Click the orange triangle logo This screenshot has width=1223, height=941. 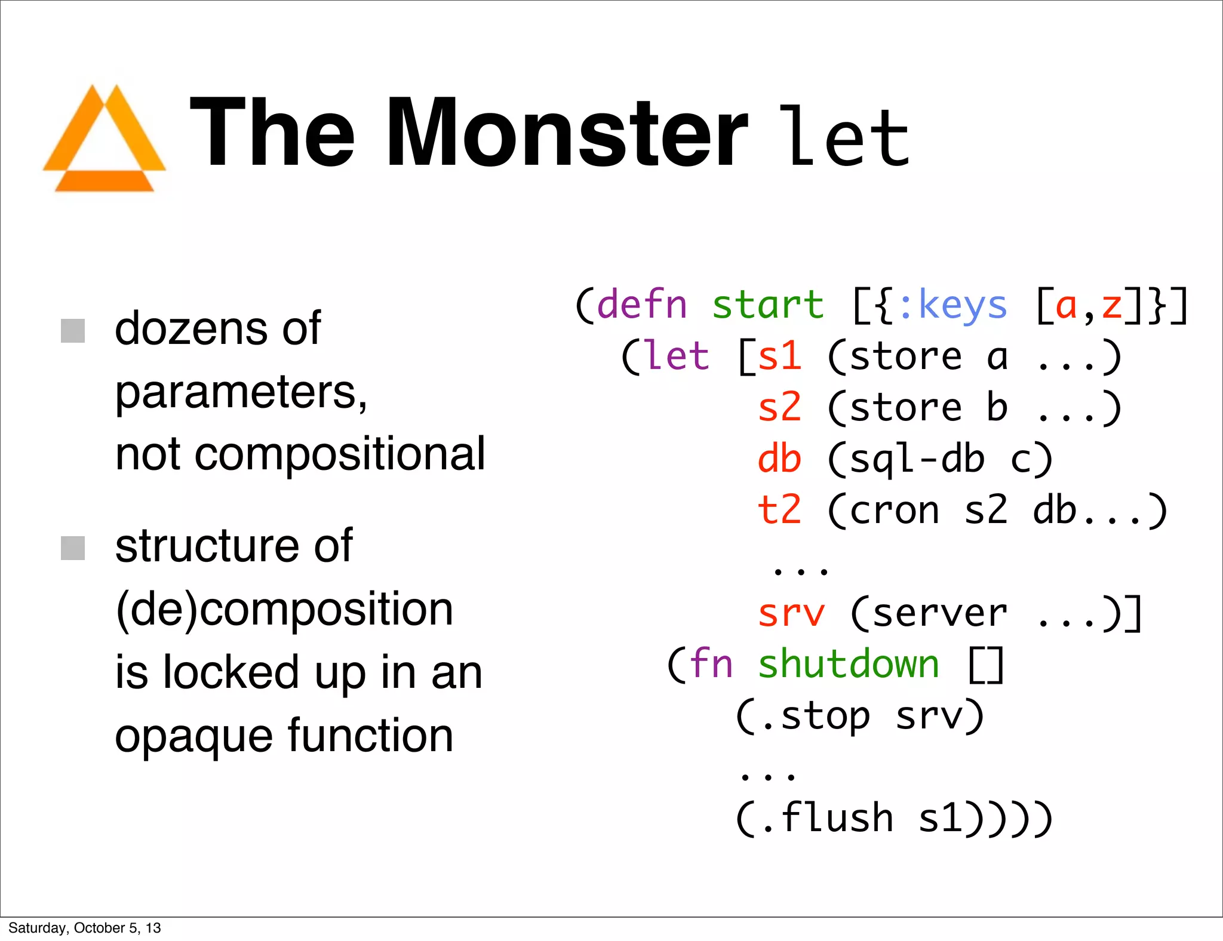pyautogui.click(x=105, y=140)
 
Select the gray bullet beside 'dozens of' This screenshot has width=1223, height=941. pyautogui.click(x=73, y=331)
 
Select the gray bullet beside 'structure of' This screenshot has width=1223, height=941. pyautogui.click(x=73, y=548)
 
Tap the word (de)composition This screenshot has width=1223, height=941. pyautogui.click(x=284, y=610)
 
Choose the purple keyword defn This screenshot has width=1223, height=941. pyautogui.click(x=642, y=305)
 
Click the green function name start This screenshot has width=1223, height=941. pyautogui.click(x=768, y=305)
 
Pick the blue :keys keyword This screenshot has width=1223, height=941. pyautogui.click(x=952, y=305)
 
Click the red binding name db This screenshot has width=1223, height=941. pyautogui.click(x=779, y=459)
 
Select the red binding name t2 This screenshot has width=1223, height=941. pyautogui.click(x=779, y=511)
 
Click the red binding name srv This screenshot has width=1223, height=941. pyautogui.click(x=791, y=613)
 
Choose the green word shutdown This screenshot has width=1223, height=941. pyautogui.click(x=849, y=665)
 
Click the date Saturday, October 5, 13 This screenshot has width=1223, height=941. pyautogui.click(x=85, y=928)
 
